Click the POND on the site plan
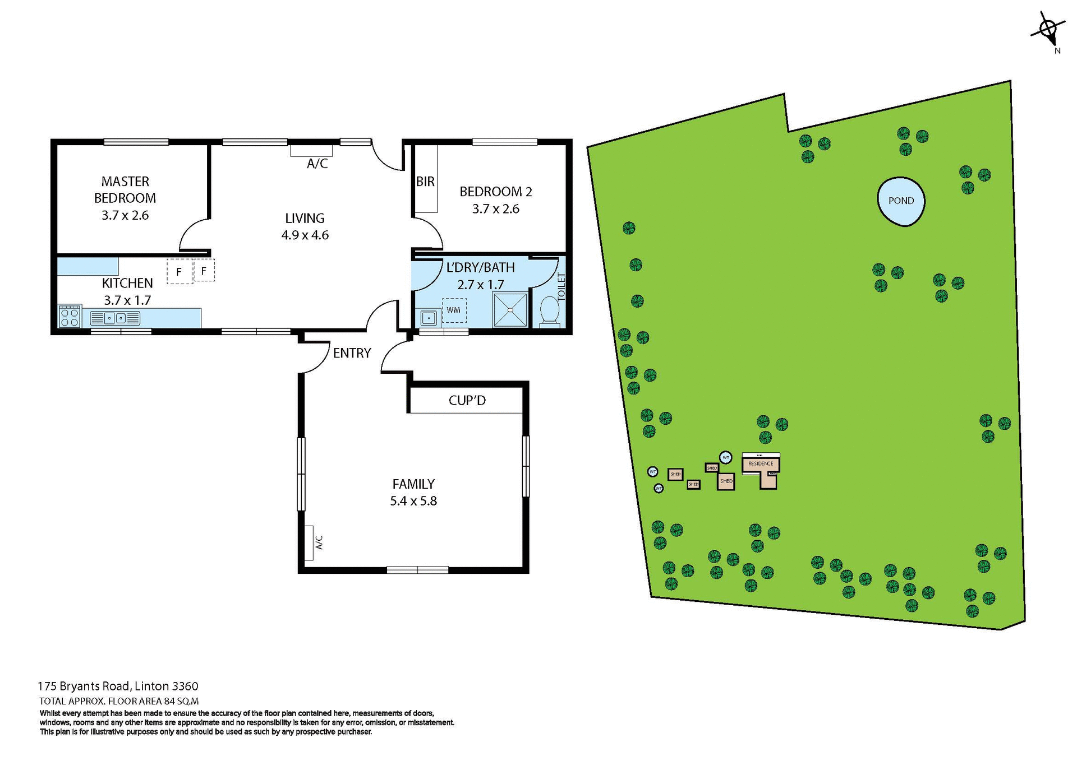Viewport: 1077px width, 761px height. (900, 201)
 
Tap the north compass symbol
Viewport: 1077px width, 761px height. (1048, 29)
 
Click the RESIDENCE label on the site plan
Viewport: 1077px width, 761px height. (761, 463)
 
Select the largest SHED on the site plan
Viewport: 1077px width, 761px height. (726, 481)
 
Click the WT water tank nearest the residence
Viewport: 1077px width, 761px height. (725, 457)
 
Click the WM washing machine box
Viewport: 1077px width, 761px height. (454, 310)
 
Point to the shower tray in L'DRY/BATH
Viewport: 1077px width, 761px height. (510, 310)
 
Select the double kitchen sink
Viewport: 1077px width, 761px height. (115, 318)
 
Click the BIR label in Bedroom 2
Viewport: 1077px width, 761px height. (425, 182)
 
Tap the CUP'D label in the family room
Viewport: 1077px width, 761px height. (467, 401)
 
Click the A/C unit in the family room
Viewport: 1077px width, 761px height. (309, 542)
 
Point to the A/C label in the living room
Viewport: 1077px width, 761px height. (317, 164)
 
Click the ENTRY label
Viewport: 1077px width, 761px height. (352, 353)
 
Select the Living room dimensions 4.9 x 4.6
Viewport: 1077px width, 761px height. (305, 235)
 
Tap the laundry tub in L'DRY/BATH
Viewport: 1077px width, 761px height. (429, 318)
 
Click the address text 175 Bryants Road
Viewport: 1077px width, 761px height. (118, 686)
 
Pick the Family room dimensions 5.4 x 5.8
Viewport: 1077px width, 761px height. (413, 501)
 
